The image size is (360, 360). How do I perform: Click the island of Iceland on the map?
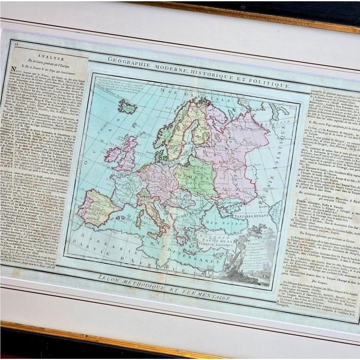pyautogui.click(x=128, y=106)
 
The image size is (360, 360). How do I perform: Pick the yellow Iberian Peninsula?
pyautogui.click(x=97, y=206)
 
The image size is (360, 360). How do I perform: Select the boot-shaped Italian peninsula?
pyautogui.click(x=154, y=211)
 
